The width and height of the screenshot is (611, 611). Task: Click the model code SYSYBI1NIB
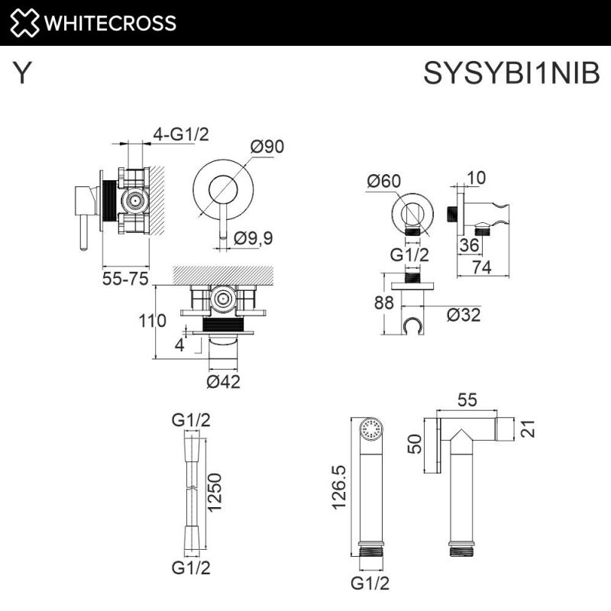[512, 73]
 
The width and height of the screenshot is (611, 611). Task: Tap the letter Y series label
[23, 73]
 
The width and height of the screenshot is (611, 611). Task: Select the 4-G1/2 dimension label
[181, 134]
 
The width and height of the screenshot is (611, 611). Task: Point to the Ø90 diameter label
[267, 147]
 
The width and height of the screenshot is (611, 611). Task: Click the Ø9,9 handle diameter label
[254, 238]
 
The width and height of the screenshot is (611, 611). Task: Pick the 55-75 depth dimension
[124, 279]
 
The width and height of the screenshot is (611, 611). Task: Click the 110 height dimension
[153, 321]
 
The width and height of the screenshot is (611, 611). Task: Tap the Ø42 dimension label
[223, 381]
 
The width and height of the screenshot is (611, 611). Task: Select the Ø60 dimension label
[383, 181]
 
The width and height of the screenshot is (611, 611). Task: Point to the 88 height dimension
[385, 302]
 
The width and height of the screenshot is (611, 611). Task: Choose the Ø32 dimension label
[464, 314]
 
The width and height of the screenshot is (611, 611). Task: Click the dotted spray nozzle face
[371, 429]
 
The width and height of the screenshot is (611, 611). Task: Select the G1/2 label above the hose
[190, 419]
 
